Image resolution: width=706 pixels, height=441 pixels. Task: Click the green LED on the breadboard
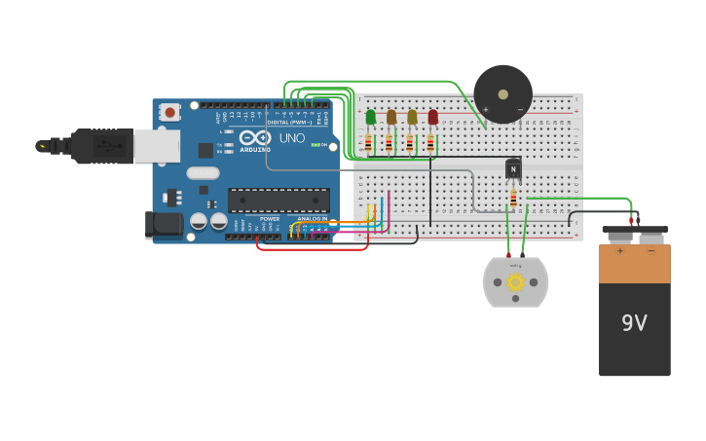[x=370, y=117]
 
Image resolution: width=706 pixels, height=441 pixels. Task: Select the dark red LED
[x=432, y=117]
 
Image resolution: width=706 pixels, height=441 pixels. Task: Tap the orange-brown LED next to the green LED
[x=391, y=117]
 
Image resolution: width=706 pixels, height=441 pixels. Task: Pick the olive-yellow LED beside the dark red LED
[x=412, y=117]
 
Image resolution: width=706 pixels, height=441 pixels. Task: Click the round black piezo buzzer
[x=502, y=94]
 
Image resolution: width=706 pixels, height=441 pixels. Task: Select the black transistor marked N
[x=513, y=169]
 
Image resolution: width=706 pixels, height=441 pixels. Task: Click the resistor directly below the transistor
[x=513, y=199]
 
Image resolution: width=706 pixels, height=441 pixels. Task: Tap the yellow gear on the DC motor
[x=515, y=282]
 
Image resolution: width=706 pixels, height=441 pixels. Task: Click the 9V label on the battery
[x=634, y=323]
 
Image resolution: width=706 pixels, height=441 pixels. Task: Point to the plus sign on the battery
[x=619, y=251]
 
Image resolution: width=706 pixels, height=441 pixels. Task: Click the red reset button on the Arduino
[x=170, y=113]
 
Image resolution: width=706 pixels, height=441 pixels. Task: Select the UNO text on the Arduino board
[x=292, y=138]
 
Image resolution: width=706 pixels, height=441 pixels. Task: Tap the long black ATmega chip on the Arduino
[x=279, y=201]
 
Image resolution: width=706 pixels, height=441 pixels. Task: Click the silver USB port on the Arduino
[x=156, y=146]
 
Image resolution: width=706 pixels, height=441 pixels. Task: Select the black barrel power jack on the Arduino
[x=163, y=225]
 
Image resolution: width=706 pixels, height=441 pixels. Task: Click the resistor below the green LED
[x=368, y=144]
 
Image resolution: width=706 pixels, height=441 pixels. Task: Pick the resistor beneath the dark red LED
[x=429, y=144]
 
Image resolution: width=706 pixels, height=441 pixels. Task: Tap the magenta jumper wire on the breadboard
[x=389, y=209]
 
